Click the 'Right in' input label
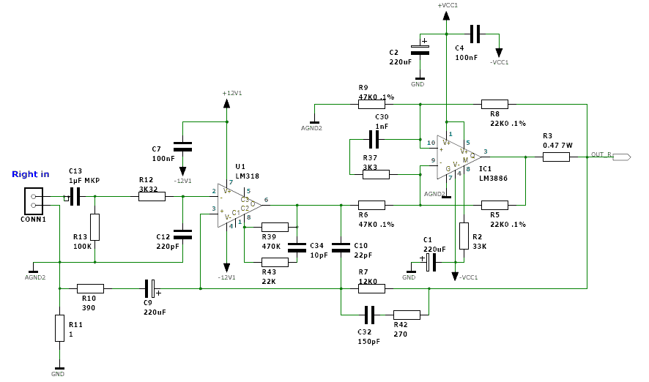click(x=31, y=174)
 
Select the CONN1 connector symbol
click(x=34, y=201)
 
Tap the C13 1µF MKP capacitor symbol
click(x=75, y=196)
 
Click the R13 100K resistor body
click(x=94, y=227)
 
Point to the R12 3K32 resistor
click(x=152, y=196)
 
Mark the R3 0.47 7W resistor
click(x=557, y=156)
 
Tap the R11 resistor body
click(x=59, y=328)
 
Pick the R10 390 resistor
click(x=90, y=288)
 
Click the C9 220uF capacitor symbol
click(x=149, y=288)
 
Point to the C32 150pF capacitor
click(x=369, y=315)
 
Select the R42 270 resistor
click(x=407, y=315)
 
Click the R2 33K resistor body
click(x=464, y=236)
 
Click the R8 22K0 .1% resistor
click(x=494, y=103)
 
